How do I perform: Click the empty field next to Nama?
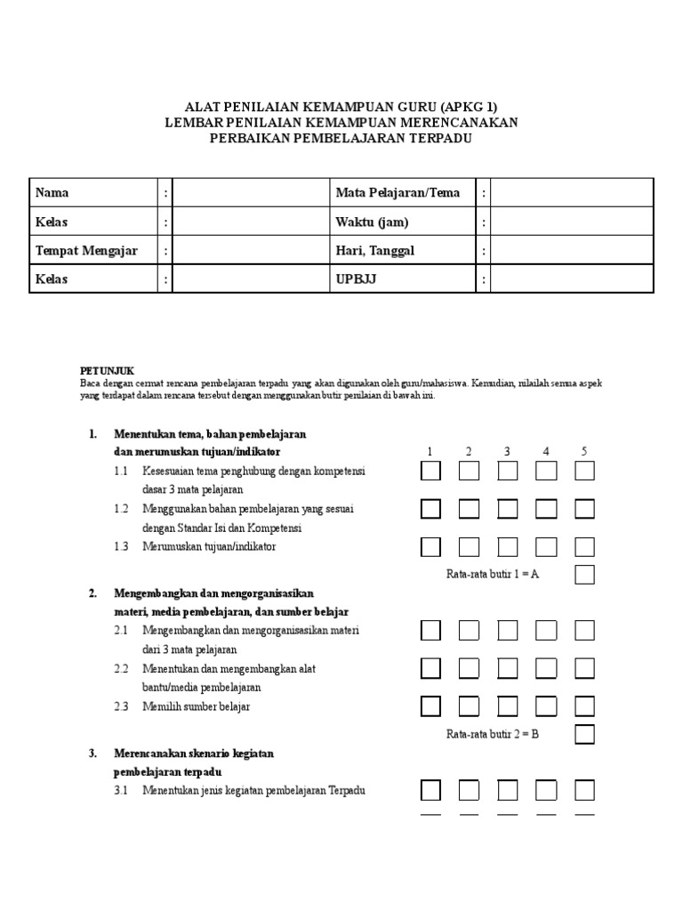point(250,193)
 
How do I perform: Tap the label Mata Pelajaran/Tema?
point(398,193)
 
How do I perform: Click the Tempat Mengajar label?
point(86,251)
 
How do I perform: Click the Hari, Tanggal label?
point(374,251)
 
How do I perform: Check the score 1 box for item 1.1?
point(430,472)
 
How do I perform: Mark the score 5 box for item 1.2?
point(584,509)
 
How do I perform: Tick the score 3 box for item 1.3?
point(508,546)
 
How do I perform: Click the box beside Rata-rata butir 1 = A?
point(584,575)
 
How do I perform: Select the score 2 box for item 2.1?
point(469,631)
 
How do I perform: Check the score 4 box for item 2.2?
point(546,668)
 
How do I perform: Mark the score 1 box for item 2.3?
point(430,706)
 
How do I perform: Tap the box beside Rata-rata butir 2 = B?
point(584,735)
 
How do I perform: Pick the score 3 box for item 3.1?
point(508,790)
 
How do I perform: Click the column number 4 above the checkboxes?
point(546,452)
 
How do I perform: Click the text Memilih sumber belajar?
point(196,706)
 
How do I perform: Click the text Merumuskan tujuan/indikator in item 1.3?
point(209,546)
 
